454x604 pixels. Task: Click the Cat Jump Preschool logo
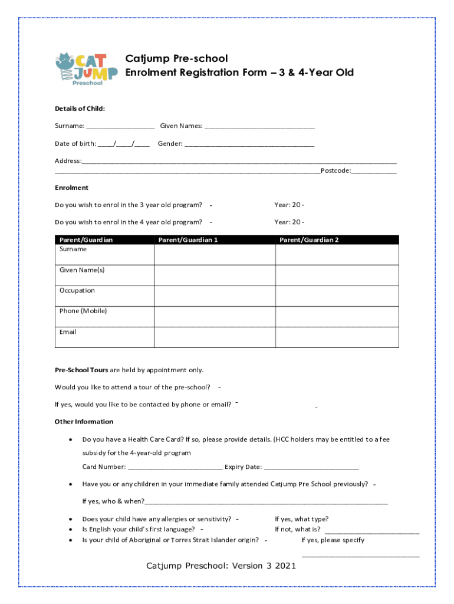[x=82, y=69]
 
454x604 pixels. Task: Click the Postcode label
[x=335, y=170]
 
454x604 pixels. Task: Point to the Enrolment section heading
[x=71, y=188]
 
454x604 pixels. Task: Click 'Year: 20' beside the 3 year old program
[x=288, y=205]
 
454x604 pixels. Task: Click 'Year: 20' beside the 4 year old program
[x=288, y=222]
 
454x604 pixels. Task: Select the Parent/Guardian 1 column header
[x=187, y=240]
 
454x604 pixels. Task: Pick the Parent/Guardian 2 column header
[x=308, y=240]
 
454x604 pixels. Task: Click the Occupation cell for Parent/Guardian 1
[x=215, y=296]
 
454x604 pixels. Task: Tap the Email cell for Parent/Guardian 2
[x=337, y=337]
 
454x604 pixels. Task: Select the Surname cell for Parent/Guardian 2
[x=337, y=254]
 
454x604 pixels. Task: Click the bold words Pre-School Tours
[x=81, y=370]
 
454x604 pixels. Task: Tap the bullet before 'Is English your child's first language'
[x=71, y=530]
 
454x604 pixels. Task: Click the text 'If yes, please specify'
[x=333, y=540]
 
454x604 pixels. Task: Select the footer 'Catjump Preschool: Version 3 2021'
[x=221, y=566]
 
